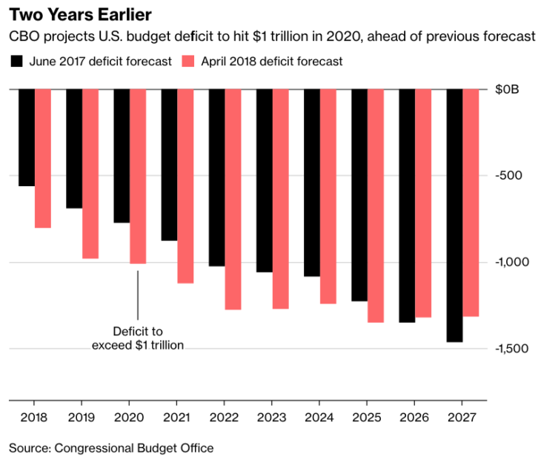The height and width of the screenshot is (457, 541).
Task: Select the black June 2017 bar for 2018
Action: click(27, 137)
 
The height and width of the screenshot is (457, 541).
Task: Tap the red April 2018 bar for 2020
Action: click(138, 177)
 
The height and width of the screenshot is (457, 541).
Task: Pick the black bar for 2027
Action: click(454, 215)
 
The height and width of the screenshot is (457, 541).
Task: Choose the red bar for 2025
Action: click(376, 206)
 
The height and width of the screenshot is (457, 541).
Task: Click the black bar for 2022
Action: click(216, 177)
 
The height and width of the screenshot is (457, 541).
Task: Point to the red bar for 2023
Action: click(281, 199)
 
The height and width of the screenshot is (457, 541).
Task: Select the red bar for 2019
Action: click(90, 174)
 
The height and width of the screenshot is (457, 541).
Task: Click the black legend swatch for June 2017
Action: click(16, 62)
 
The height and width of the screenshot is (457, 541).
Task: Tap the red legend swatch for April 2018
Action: click(187, 62)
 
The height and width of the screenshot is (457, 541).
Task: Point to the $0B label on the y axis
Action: click(509, 89)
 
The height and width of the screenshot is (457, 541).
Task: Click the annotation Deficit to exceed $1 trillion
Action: click(137, 338)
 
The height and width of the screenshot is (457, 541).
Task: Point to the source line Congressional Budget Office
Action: click(111, 447)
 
